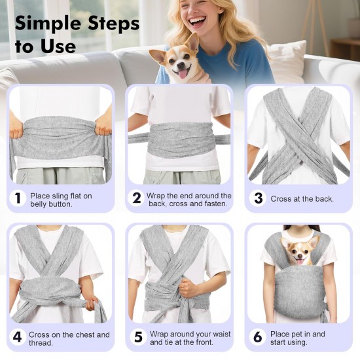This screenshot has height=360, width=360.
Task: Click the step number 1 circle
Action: point(18,198)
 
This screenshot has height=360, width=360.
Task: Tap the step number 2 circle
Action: point(137,198)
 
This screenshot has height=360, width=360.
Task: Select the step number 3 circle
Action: point(258,198)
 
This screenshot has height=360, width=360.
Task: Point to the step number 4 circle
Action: point(18,337)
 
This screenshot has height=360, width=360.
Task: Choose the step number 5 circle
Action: point(138,337)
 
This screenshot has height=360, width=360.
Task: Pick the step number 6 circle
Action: point(258,337)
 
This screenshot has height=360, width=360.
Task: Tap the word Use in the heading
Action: point(58,46)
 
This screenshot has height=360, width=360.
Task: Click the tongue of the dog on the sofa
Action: point(183,75)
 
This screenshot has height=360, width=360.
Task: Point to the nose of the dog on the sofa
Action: point(181,65)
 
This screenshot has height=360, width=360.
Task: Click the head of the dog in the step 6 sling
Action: point(299,251)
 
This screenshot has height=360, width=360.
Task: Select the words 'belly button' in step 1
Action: point(51,204)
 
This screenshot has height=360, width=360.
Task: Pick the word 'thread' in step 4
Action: point(41,343)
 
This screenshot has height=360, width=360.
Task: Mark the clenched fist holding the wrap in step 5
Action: point(188,287)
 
